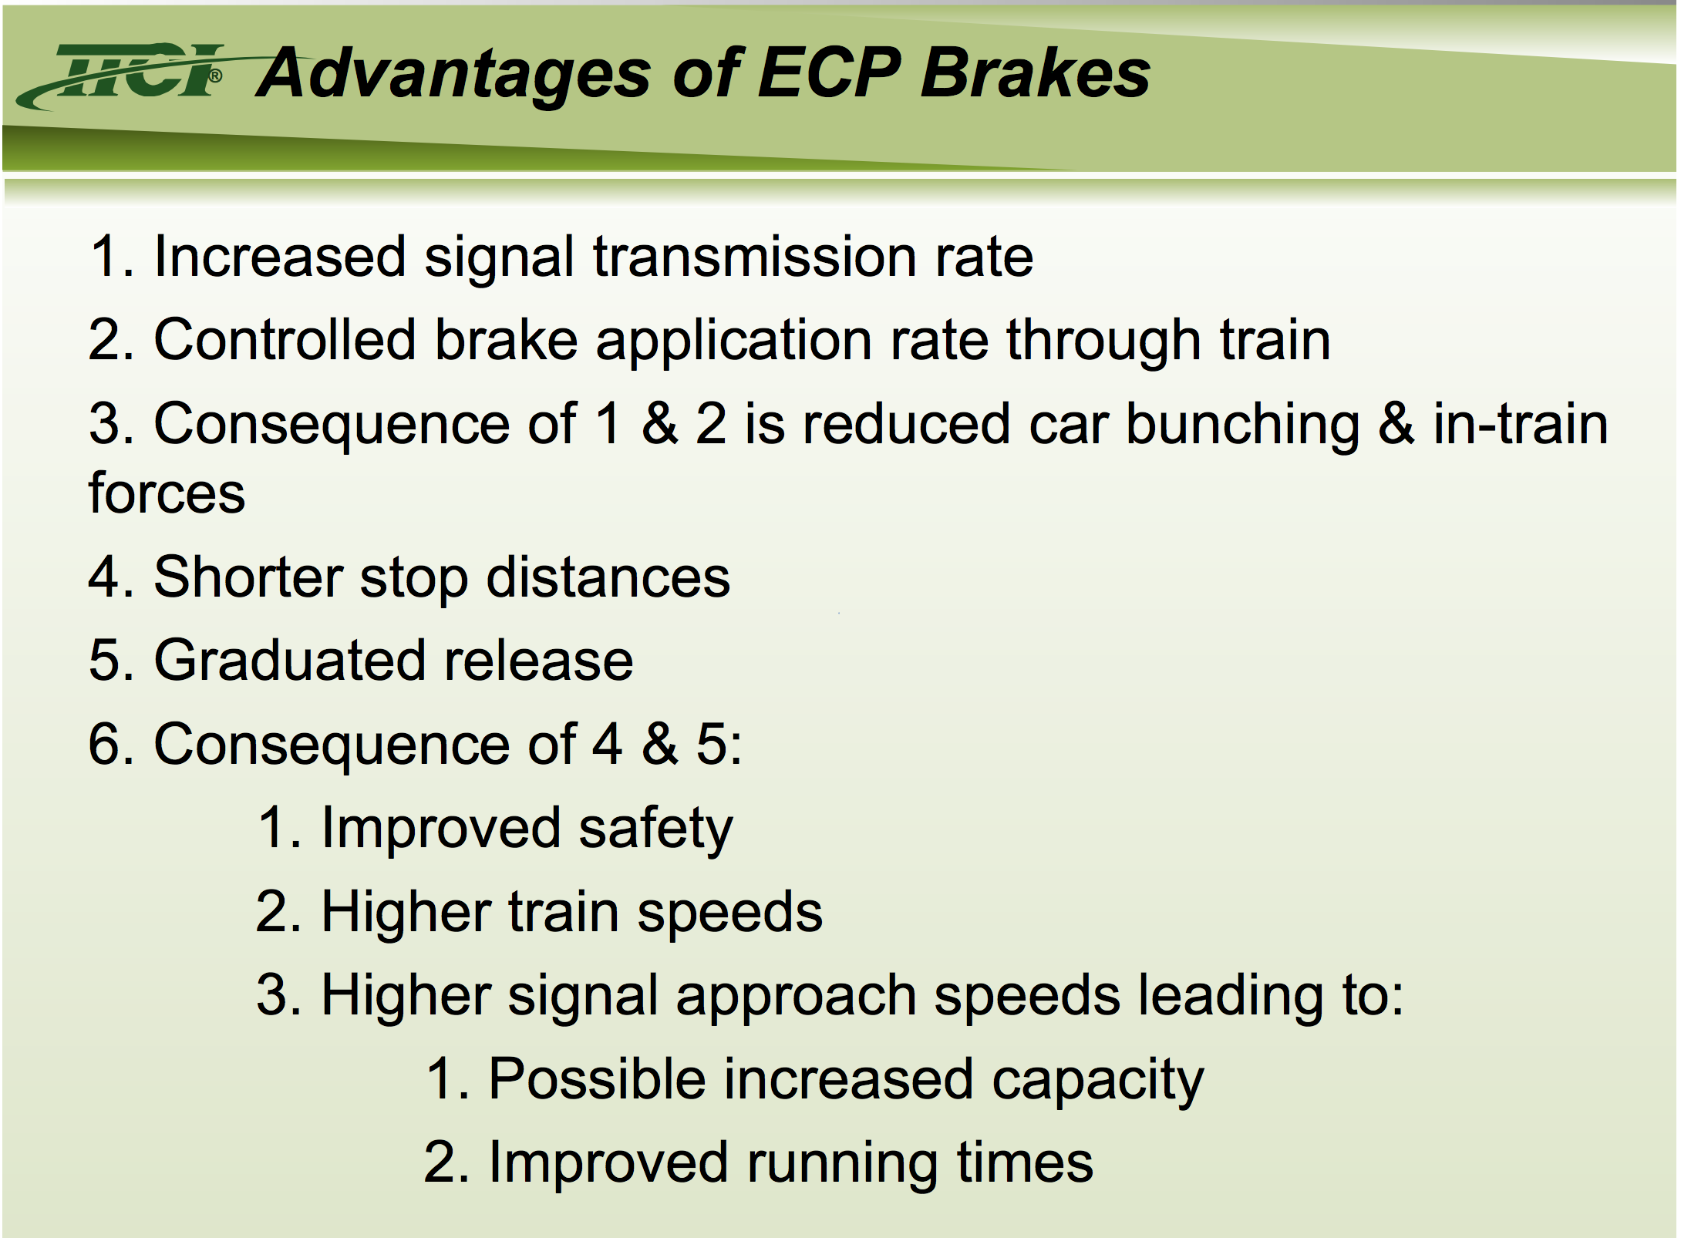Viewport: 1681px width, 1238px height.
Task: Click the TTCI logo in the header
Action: [123, 75]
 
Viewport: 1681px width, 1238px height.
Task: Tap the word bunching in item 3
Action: [1243, 426]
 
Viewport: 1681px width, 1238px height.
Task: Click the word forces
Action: [167, 493]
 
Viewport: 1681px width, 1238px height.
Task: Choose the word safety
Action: [655, 829]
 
